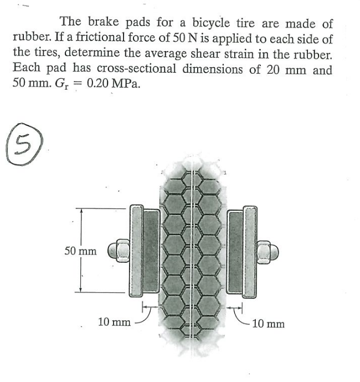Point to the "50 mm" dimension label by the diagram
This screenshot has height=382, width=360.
(80, 251)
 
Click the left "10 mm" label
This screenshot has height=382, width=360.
(115, 322)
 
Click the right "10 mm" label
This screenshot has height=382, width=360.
(268, 323)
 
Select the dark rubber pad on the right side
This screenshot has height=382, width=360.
(235, 251)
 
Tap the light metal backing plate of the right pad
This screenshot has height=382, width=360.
(251, 251)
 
